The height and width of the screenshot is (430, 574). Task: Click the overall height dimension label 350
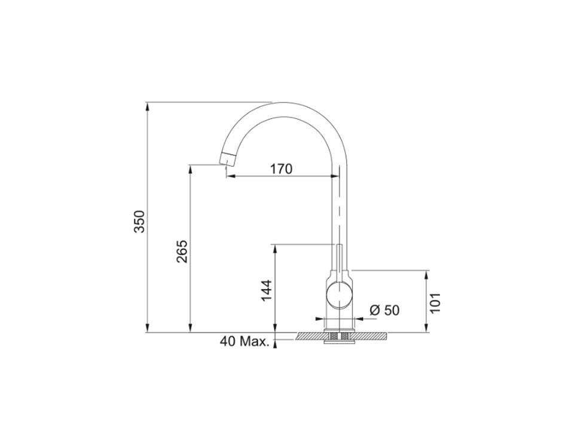coord(139,222)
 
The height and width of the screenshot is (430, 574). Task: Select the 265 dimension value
coord(182,251)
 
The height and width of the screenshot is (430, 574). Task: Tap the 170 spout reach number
coord(280,169)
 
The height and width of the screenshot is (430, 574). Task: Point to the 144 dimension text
coord(267,290)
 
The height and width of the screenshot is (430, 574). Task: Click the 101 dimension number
coord(435,303)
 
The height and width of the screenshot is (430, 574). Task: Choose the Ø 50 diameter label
coord(384,310)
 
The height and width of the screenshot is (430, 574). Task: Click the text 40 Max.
coord(243,342)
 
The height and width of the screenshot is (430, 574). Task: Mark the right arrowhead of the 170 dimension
coord(334,176)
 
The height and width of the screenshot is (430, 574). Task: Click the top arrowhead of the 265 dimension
coord(190,168)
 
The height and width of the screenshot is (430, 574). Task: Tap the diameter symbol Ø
coord(375,310)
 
